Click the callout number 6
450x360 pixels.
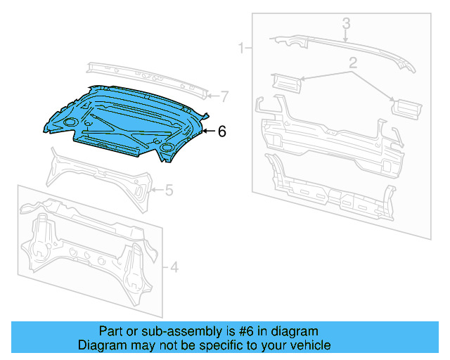[221, 131]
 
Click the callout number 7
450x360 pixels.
[224, 96]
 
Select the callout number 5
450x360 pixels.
[169, 189]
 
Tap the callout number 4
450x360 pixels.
[174, 266]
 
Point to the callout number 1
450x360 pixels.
[241, 49]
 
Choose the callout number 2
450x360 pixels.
[353, 63]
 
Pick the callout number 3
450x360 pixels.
[346, 24]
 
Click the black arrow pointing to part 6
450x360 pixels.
[208, 131]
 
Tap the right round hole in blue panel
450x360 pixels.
[167, 148]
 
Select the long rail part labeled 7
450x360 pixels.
[148, 79]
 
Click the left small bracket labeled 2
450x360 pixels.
[285, 83]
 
